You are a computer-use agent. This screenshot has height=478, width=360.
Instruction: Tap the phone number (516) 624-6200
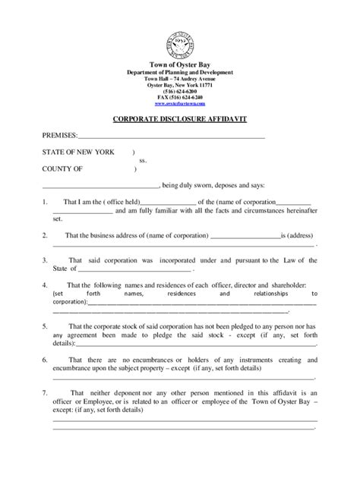[180, 92]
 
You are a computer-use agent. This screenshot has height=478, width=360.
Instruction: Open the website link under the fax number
[180, 105]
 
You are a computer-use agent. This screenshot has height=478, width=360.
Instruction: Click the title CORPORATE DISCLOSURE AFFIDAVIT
[180, 121]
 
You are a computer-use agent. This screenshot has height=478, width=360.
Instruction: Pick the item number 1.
[45, 202]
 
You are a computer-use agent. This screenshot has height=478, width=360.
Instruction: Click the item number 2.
[45, 235]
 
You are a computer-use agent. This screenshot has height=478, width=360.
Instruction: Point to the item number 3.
[45, 259]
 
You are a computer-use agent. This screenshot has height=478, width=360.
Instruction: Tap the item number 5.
[45, 325]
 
